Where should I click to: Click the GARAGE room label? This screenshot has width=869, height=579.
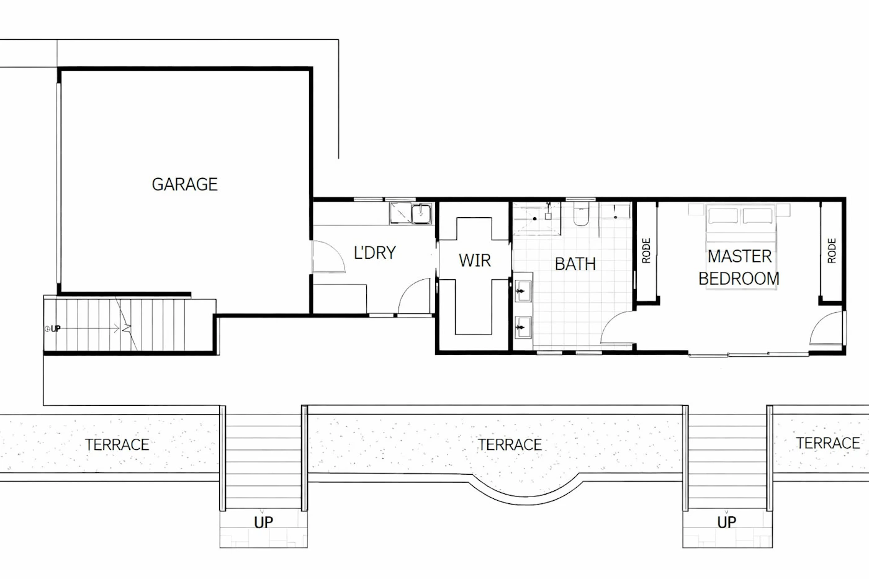185,184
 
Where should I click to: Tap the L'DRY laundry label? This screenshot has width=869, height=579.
375,253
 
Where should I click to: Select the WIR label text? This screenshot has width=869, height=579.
475,260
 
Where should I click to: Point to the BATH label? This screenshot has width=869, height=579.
575,264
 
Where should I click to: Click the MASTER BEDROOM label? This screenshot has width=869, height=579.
739,267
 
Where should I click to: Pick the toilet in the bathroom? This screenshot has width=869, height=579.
582,214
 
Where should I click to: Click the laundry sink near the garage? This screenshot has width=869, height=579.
421,213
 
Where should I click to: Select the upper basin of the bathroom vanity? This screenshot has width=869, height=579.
523,291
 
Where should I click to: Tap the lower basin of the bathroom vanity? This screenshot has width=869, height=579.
523,327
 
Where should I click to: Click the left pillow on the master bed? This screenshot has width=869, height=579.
723,216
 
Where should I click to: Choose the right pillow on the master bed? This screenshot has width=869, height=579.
757,216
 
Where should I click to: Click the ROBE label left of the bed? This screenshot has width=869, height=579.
646,251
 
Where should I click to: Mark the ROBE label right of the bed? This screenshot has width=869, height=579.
831,251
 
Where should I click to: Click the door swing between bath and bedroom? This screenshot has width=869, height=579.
618,328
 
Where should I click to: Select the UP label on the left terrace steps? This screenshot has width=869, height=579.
263,523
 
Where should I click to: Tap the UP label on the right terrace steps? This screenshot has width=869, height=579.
727,523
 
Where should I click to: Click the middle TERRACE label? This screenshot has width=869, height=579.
510,445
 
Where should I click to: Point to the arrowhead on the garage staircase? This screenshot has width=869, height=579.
117,329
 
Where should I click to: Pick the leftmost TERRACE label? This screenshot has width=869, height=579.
117,444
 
